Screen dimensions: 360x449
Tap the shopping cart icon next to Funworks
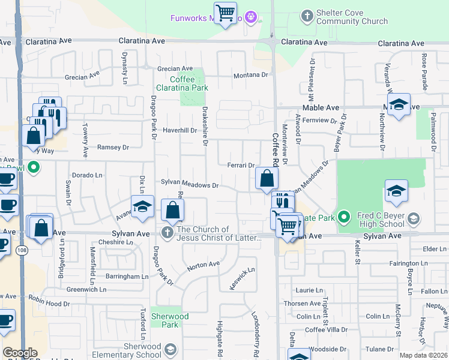point(225,13)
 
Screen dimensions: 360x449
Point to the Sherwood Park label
point(169,320)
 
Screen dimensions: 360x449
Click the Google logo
point(20,353)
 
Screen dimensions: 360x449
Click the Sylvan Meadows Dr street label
point(188,185)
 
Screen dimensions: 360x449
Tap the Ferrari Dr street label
point(241,165)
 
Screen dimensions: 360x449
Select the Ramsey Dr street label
point(113,147)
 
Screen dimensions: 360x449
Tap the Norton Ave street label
point(203,264)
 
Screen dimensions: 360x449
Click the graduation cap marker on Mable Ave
point(399,106)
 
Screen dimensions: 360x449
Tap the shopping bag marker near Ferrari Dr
point(266,178)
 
